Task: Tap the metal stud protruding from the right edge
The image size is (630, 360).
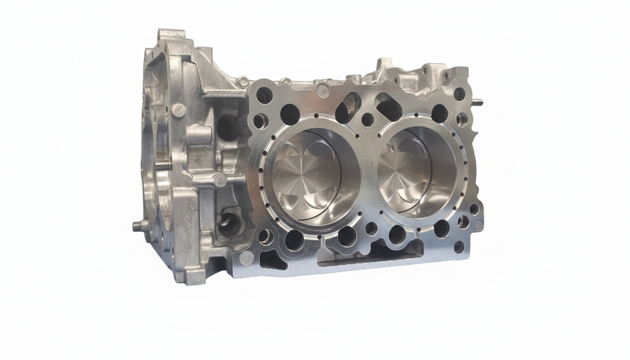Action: pos(479,103)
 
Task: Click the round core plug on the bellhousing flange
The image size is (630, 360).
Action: pos(178,110)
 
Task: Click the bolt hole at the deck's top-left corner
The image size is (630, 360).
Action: pos(264,95)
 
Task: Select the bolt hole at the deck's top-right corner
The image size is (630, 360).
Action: pos(459,94)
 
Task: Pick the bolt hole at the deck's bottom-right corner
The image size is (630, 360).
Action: pos(459,247)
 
